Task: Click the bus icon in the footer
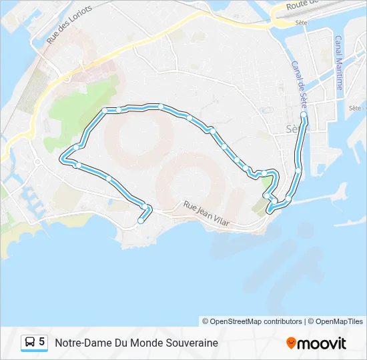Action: point(30,343)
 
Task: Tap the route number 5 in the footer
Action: point(42,342)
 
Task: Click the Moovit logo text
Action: point(322,343)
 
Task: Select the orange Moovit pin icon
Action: point(291,343)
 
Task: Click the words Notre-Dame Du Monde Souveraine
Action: point(136,343)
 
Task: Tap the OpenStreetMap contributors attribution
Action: point(252,321)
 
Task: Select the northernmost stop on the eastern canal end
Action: point(304,115)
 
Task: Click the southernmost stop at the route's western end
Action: point(141,221)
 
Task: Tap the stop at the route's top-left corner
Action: point(105,110)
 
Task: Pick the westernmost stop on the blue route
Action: point(64,159)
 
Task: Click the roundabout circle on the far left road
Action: point(37,162)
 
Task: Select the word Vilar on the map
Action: point(219,221)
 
